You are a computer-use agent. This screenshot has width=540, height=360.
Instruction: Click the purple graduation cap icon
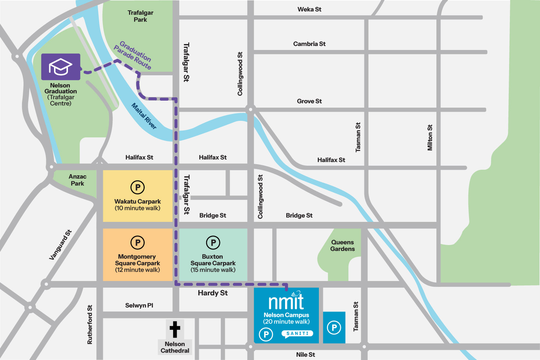[x=61, y=67]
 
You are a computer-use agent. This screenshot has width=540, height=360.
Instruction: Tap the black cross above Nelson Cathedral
[x=175, y=329]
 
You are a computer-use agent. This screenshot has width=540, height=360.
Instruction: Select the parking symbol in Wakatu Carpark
[x=138, y=187]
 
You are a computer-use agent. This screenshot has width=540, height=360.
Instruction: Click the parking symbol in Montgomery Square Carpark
[x=138, y=242]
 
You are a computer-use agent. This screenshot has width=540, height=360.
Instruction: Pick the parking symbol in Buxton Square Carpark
[x=213, y=242]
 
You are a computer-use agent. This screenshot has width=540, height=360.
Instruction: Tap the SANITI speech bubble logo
[x=297, y=334]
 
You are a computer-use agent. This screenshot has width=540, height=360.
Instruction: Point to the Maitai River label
[x=144, y=116]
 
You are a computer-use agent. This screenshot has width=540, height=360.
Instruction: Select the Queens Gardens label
[x=342, y=245]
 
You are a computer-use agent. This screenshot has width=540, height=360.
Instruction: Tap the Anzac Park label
[x=78, y=180]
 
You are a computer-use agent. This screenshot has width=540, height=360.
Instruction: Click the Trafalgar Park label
[x=140, y=16]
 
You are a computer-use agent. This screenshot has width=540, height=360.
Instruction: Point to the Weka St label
[x=309, y=10]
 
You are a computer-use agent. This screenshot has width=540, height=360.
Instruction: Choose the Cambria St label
[x=309, y=44]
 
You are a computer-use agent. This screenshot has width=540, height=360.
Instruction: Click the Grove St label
[x=309, y=101]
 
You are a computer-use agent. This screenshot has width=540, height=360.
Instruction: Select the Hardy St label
[x=213, y=293]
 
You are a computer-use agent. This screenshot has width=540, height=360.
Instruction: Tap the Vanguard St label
[x=61, y=245]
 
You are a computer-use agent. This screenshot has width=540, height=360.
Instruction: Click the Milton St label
[x=430, y=138]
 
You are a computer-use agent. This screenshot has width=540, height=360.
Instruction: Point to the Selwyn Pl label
[x=139, y=306]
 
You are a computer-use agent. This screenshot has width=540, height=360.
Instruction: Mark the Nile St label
[x=306, y=354]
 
